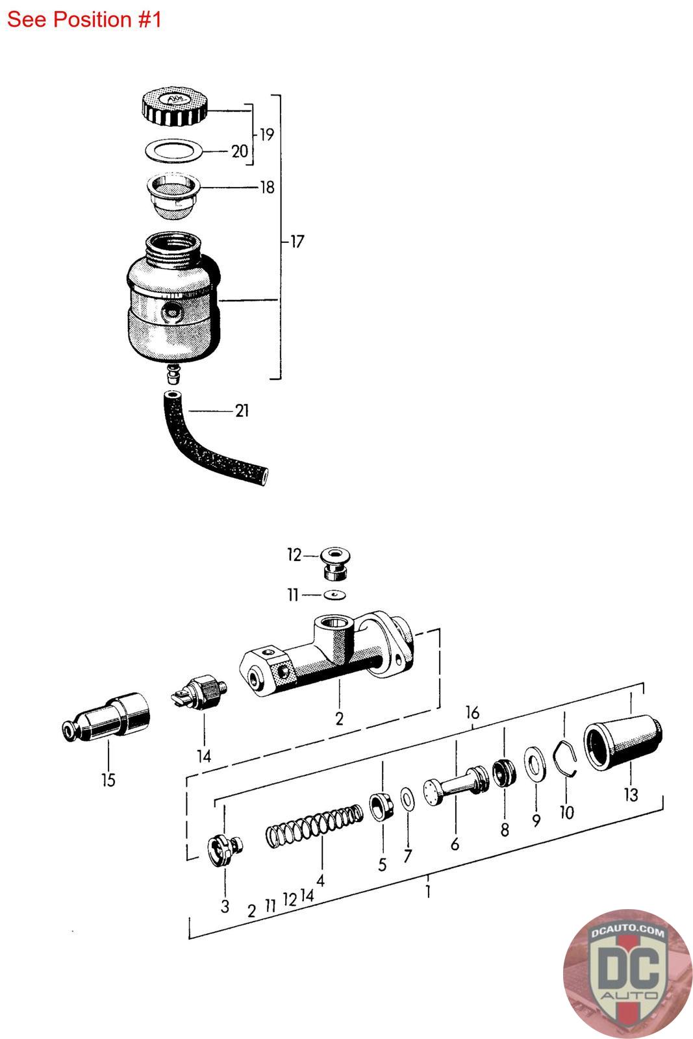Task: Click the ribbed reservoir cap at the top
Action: [x=174, y=106]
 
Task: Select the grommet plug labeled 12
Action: [x=335, y=564]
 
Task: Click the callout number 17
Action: [x=297, y=242]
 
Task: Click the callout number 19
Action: [x=267, y=134]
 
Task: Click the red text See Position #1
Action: [x=84, y=19]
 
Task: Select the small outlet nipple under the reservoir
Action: [x=173, y=374]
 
